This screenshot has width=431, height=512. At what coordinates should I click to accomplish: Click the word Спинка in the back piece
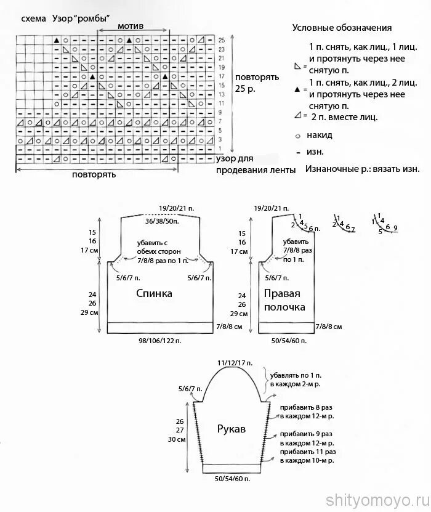click(x=155, y=294)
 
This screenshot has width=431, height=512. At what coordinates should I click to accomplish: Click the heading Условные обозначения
click(x=342, y=28)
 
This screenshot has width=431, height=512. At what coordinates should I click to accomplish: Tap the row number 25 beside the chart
click(x=221, y=40)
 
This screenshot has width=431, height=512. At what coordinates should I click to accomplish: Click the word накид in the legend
click(x=321, y=134)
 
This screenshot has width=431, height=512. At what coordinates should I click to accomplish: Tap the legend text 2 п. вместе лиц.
click(x=345, y=116)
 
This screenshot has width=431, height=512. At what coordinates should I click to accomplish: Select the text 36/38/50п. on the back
click(x=163, y=221)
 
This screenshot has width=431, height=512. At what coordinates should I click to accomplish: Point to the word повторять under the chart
click(x=94, y=174)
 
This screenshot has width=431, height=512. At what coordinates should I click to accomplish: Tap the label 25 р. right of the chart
click(x=244, y=89)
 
